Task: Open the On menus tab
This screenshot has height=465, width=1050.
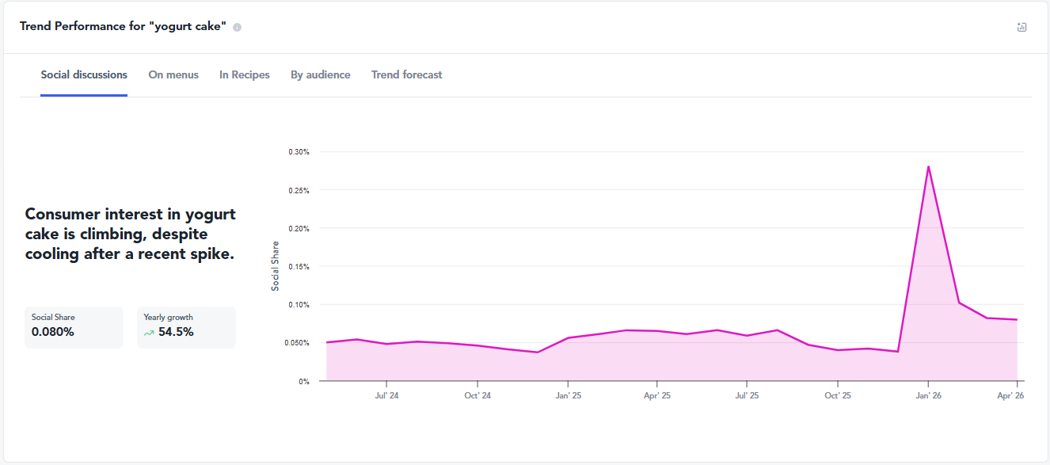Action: click(x=173, y=75)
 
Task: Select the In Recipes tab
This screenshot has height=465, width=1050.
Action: click(x=244, y=75)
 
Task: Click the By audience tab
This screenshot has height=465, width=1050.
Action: click(x=320, y=75)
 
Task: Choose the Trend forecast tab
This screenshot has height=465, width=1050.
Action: click(x=406, y=75)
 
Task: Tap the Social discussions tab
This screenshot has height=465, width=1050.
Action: click(x=84, y=75)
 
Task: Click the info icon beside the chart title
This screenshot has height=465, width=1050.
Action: click(x=238, y=27)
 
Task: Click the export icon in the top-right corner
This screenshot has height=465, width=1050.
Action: click(x=1021, y=27)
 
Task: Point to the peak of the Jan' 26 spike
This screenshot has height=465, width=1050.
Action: click(x=929, y=166)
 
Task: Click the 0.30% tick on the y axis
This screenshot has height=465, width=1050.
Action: click(x=299, y=152)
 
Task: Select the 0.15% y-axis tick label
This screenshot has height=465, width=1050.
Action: click(x=299, y=267)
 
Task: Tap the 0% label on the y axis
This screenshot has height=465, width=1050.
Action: click(x=304, y=382)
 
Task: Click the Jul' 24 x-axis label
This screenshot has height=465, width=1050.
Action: click(x=386, y=395)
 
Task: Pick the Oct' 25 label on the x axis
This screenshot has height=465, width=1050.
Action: click(x=838, y=395)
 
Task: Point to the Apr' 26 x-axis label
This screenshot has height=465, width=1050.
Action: click(x=1010, y=395)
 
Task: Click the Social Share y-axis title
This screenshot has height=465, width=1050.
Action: click(x=275, y=266)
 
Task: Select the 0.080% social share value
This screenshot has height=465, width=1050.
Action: click(x=52, y=332)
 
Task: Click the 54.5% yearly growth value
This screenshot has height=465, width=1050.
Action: click(x=176, y=332)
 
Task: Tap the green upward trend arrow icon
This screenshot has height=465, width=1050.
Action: click(x=149, y=333)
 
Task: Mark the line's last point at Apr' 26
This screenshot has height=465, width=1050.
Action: click(x=1017, y=320)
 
